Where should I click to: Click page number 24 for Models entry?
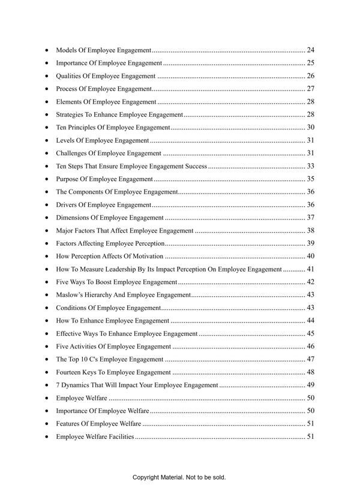click(x=310, y=50)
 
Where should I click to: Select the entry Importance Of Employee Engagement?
click(x=109, y=63)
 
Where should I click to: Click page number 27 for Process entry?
click(x=310, y=89)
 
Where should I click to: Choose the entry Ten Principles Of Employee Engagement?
click(x=113, y=128)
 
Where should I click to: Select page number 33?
click(x=310, y=166)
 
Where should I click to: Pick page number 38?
click(x=310, y=231)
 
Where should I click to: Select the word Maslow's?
click(x=70, y=295)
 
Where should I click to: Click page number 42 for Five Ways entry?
click(x=310, y=282)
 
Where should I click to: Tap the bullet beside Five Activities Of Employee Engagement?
click(x=47, y=347)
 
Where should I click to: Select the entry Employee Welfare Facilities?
click(x=95, y=436)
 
